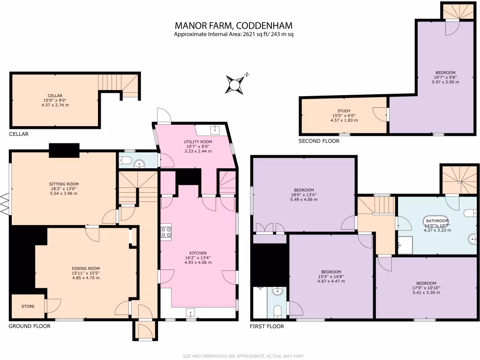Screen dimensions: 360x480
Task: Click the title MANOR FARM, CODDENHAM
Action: (233, 25)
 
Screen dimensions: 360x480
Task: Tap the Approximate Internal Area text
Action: (233, 34)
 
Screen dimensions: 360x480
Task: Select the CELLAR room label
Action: (55, 96)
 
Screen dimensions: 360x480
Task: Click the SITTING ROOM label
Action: (64, 184)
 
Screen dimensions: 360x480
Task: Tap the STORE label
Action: (28, 307)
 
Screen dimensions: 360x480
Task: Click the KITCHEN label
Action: (198, 253)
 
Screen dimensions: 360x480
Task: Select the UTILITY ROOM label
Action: (197, 142)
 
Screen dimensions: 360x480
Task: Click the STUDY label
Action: (344, 111)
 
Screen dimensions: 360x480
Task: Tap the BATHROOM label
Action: (437, 221)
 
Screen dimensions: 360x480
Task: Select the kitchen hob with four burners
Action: (166, 232)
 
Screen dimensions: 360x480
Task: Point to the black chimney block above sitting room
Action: (64, 150)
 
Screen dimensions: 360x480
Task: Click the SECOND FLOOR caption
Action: (319, 141)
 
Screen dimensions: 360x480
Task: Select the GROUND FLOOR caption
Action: (30, 326)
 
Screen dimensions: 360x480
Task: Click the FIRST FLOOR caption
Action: (268, 326)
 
